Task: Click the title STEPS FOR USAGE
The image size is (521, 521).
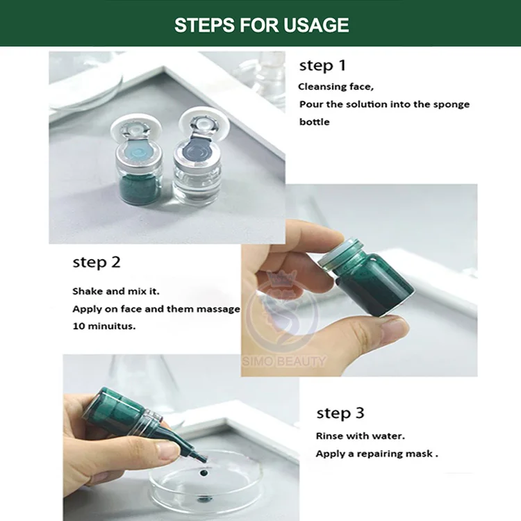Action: point(261,25)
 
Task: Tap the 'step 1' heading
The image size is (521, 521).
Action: point(322,65)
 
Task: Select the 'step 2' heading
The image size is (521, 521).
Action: point(97,262)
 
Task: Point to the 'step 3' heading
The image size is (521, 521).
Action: point(340,413)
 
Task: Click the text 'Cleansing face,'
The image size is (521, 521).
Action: point(336,87)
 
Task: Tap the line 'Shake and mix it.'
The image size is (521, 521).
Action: point(116,291)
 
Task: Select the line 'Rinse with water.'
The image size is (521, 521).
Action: point(360,436)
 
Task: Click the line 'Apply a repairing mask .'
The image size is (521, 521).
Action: point(377,454)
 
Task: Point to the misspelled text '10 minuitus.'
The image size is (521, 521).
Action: point(104,326)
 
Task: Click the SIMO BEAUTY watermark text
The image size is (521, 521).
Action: point(283,361)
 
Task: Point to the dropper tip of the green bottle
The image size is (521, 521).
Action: point(204,460)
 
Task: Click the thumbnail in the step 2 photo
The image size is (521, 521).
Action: point(394,329)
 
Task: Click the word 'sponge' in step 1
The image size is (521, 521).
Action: point(452,105)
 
